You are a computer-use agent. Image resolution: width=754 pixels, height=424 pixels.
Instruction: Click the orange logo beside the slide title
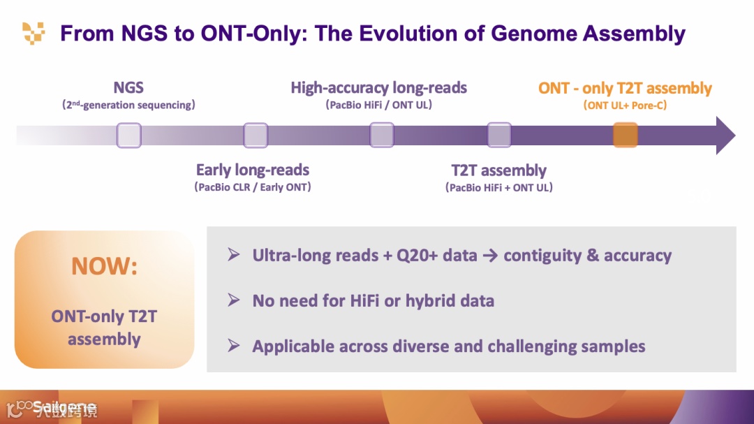coord(34,32)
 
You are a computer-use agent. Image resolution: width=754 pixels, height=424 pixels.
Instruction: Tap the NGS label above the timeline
coord(128,87)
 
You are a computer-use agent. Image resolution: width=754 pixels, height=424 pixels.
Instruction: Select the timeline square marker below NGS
coord(129,135)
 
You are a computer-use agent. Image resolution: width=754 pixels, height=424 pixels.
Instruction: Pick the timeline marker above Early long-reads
coord(256,135)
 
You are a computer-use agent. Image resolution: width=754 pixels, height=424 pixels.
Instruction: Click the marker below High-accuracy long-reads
coord(382,135)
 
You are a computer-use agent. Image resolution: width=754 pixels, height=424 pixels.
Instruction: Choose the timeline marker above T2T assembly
coord(499,135)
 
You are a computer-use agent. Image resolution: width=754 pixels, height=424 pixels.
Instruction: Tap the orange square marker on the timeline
coord(626,135)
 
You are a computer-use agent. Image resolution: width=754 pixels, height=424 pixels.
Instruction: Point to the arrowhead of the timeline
coord(725,135)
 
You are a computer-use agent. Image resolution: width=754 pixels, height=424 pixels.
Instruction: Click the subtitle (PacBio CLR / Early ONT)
coord(253,187)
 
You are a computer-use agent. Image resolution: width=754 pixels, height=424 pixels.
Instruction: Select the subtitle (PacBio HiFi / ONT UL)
coord(379,105)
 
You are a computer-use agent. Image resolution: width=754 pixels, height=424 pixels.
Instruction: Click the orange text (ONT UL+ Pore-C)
coord(625,105)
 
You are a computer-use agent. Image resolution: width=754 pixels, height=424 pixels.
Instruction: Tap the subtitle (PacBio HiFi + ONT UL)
coord(499,187)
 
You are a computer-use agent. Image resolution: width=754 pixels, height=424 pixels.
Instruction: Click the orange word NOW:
coord(105,266)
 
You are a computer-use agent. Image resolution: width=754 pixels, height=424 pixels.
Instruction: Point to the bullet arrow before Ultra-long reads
coord(234,255)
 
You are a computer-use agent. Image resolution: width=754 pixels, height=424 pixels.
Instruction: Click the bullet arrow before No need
coord(234,300)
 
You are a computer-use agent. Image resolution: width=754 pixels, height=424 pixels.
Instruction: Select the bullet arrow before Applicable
coord(234,346)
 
